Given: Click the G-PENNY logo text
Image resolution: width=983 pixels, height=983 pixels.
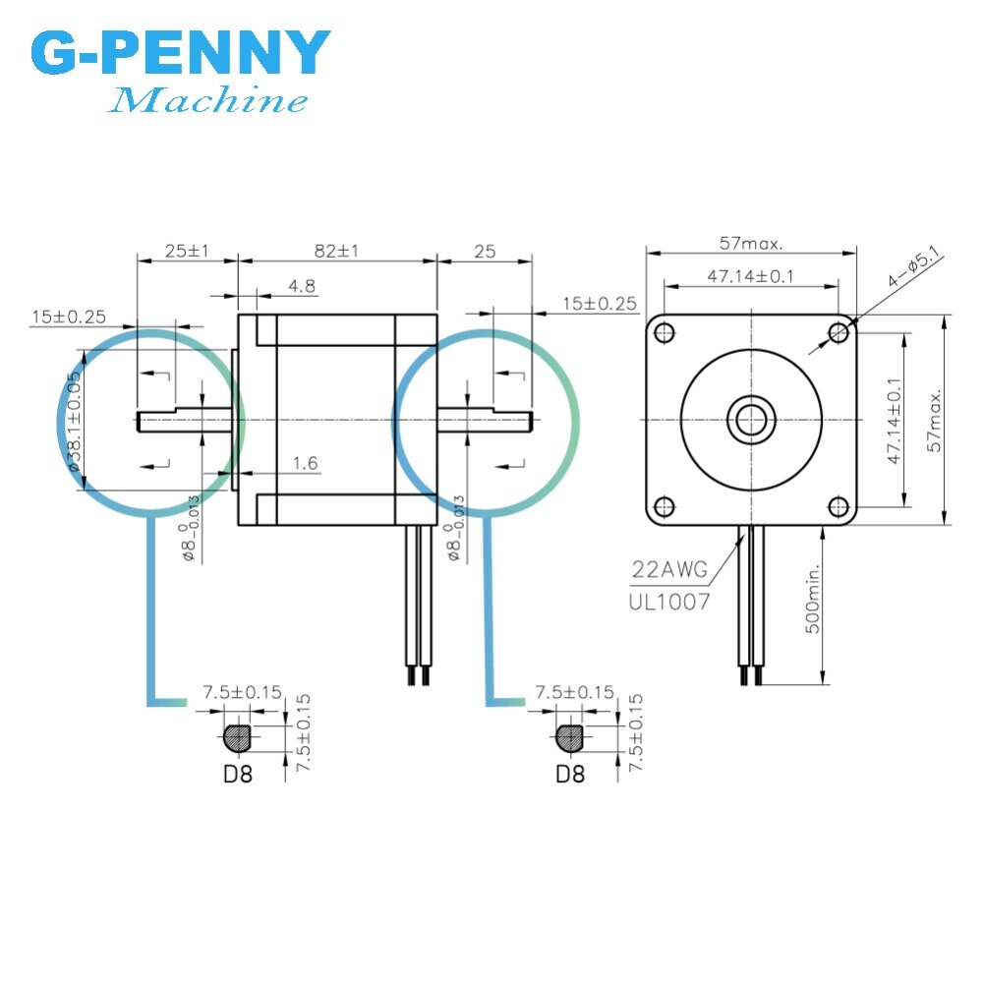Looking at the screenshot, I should (x=181, y=54).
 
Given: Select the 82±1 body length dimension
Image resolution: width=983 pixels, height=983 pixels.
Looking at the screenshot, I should (x=336, y=251).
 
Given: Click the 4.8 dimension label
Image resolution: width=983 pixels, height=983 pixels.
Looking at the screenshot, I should (x=302, y=287).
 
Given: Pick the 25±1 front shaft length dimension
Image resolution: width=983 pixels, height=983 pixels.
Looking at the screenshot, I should (x=187, y=251).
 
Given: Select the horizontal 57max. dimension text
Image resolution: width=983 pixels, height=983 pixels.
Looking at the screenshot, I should (x=750, y=244).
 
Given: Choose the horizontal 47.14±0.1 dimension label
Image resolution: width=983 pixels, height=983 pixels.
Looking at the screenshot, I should (x=750, y=277).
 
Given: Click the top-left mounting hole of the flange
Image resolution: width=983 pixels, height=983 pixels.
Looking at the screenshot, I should (x=665, y=332).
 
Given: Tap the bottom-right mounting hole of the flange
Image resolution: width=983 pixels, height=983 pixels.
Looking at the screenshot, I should (x=838, y=507).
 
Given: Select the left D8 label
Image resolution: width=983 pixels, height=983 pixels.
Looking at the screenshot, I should (x=237, y=773).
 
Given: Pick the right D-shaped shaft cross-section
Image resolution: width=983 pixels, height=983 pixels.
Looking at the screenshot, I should (x=569, y=735).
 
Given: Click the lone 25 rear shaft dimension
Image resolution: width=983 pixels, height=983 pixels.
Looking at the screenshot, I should (x=485, y=251).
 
